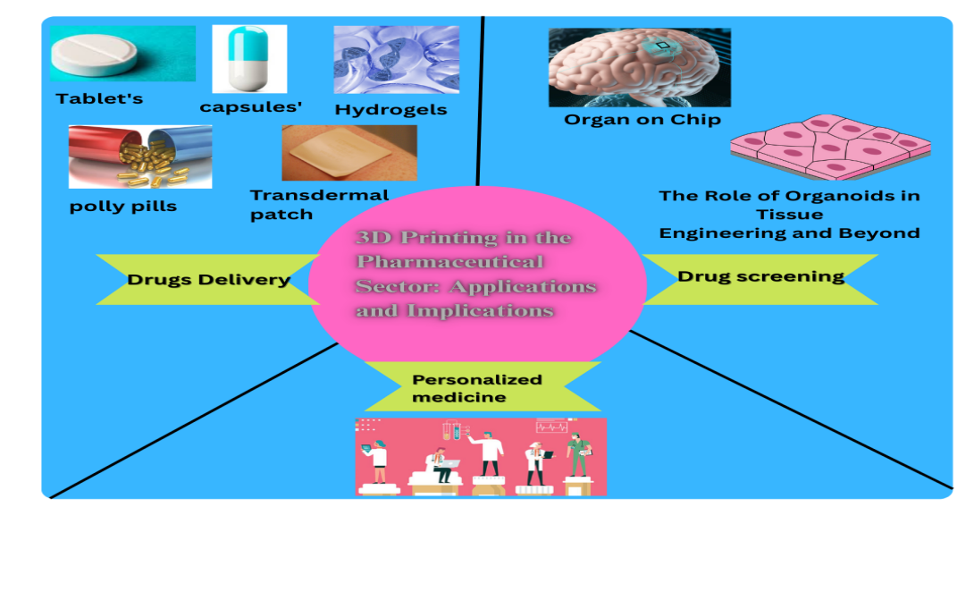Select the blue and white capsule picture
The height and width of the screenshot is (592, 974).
248,58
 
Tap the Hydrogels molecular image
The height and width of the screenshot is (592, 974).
396,59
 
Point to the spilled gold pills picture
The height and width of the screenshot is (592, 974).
140,156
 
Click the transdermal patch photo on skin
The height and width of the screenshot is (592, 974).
348,152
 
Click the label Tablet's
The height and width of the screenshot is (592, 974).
99,98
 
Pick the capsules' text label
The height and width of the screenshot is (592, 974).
251,107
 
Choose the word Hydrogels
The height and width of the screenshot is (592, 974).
390,110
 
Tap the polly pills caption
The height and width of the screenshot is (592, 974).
123,207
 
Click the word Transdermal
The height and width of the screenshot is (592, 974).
319,195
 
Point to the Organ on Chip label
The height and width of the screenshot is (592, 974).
642,119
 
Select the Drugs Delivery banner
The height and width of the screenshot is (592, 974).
208,280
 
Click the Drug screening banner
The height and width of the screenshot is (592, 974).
760,276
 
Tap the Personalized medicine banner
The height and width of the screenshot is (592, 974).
476,388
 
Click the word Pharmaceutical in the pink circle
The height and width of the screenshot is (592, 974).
449,262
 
